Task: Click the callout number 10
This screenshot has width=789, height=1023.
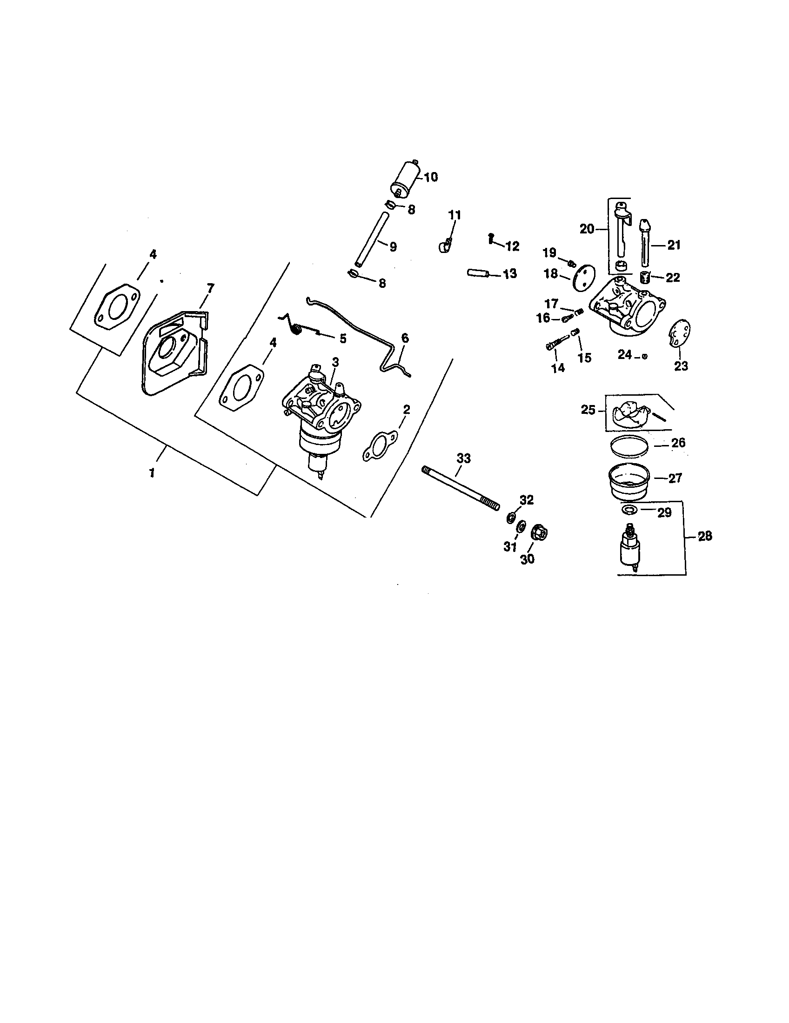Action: click(431, 177)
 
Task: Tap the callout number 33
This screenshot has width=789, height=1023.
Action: click(463, 458)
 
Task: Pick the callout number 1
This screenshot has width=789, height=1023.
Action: click(152, 473)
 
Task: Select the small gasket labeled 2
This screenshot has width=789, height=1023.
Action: click(380, 443)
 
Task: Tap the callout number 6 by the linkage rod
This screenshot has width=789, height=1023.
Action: click(405, 338)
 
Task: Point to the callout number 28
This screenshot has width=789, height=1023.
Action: click(705, 536)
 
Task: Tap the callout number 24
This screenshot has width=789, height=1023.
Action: click(624, 355)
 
